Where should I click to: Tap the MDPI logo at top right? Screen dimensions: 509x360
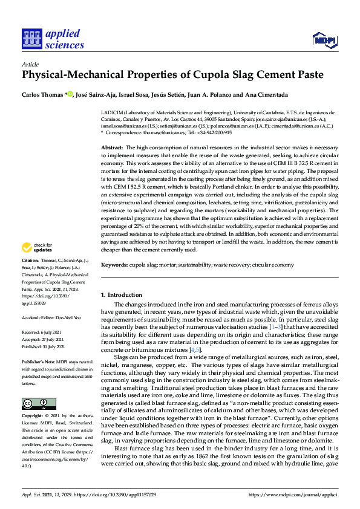[324, 40]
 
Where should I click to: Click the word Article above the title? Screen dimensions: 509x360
[30, 64]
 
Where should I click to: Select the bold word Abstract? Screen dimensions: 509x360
[112, 148]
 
